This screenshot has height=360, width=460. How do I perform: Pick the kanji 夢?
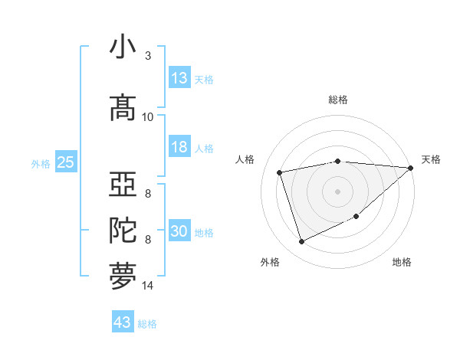123,277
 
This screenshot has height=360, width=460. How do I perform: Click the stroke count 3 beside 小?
148,56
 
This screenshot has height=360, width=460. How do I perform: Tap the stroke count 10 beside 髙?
148,117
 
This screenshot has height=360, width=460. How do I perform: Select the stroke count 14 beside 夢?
148,286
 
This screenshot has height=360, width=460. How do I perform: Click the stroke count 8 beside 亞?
148,194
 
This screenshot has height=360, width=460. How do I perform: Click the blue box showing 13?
179,78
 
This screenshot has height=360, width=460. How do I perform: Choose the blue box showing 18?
179,147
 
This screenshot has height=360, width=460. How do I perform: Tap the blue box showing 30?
179,231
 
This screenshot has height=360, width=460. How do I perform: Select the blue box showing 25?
66,162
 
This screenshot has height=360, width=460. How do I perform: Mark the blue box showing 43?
123,322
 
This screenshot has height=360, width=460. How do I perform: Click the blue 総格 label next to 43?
147,324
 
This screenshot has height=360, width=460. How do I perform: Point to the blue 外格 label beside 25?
41,164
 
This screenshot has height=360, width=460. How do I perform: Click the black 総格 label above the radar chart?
338,100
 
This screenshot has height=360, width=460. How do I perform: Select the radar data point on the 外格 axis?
302,242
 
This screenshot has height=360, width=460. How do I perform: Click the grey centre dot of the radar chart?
338,191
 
